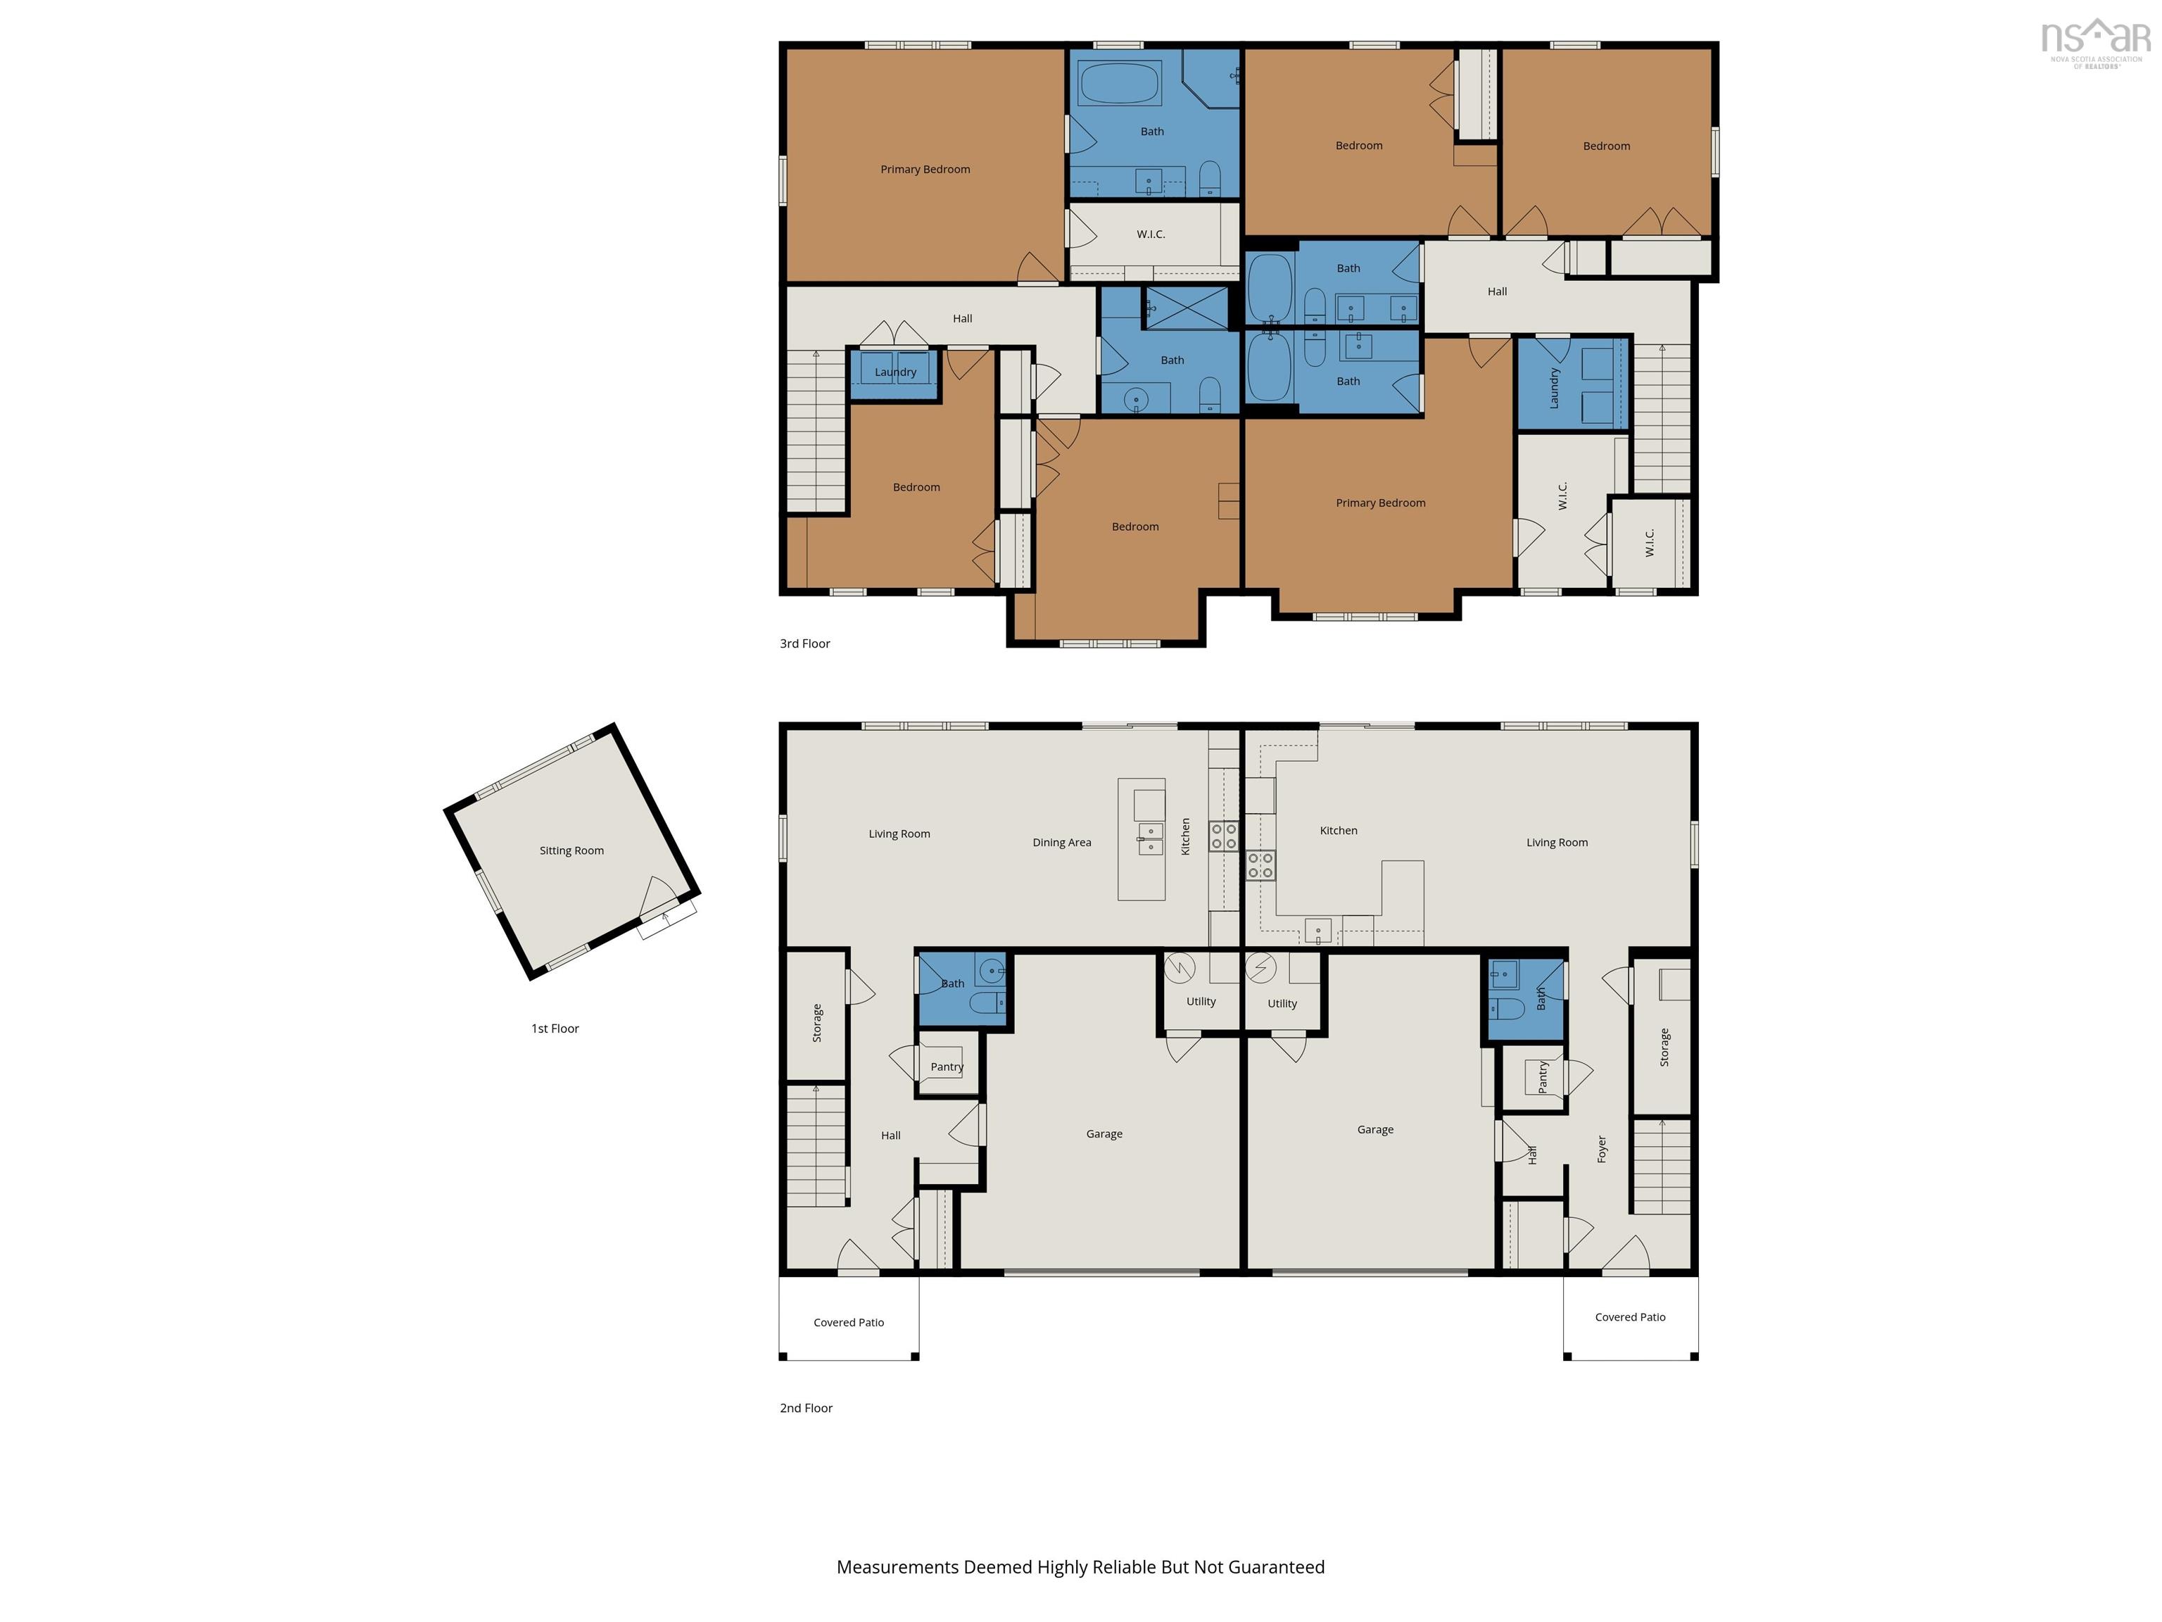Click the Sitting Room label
pos(571,850)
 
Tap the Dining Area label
pos(1061,843)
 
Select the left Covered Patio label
pos(848,1323)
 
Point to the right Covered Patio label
pos(1630,1317)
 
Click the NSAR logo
pos(2096,43)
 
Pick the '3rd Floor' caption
pos(805,643)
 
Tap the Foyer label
pos(1602,1149)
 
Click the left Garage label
pos(1104,1134)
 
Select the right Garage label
pos(1375,1129)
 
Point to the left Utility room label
pos(1201,1001)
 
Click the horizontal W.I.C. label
pos(1151,234)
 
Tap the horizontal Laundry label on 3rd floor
pos(895,372)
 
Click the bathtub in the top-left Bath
pos(1120,83)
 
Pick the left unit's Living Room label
pos(899,834)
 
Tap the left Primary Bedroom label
pos(925,169)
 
